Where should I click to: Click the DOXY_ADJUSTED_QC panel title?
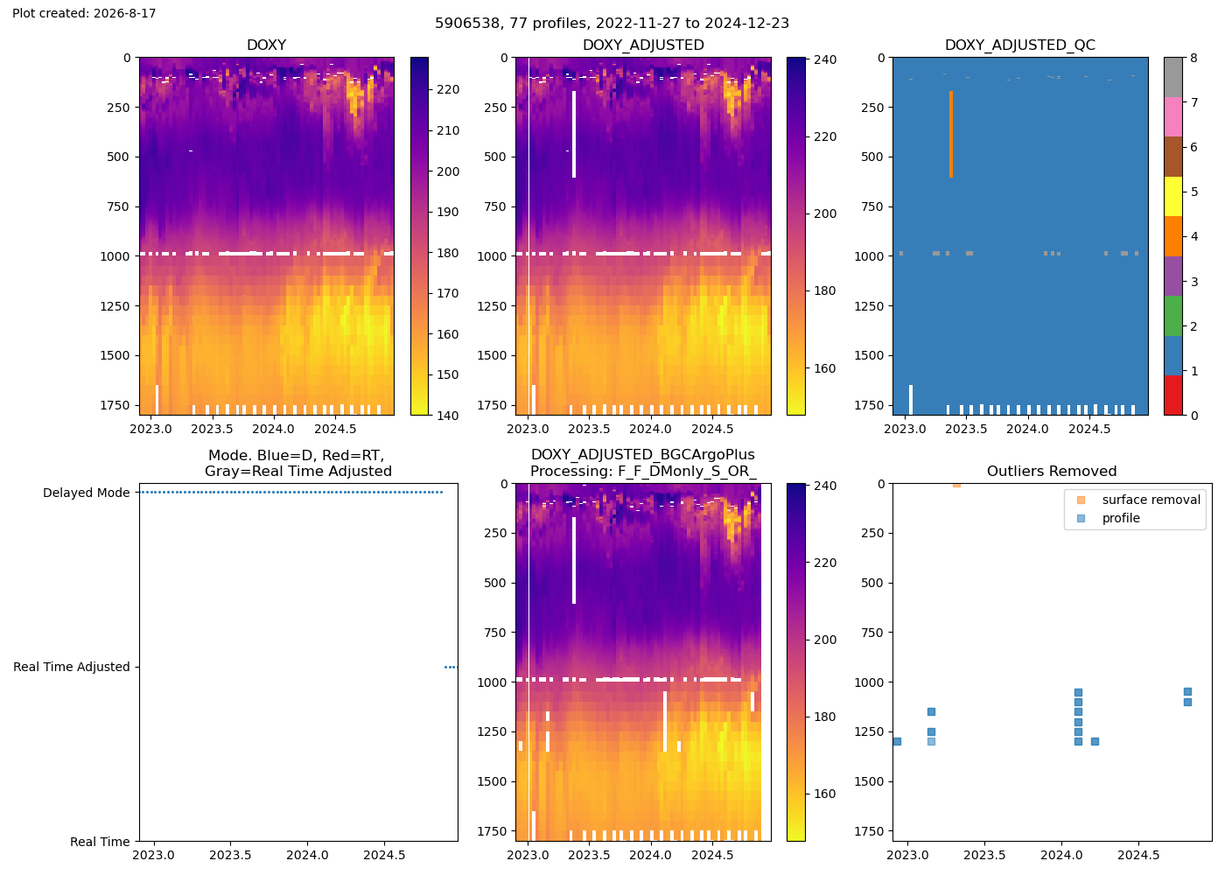[1020, 45]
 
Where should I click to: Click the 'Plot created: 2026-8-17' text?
[84, 13]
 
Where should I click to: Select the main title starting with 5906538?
[612, 23]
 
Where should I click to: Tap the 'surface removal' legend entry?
[1151, 500]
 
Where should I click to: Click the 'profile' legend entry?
[1121, 518]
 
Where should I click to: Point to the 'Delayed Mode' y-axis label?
[87, 493]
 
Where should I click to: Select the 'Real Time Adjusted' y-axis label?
[72, 667]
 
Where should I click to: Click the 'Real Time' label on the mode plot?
[100, 842]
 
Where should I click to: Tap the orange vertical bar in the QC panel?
[951, 134]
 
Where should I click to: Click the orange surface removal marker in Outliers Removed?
[956, 484]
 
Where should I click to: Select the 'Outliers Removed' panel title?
[1052, 472]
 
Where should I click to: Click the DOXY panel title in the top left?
[266, 45]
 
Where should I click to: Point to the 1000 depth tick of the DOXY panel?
[115, 255]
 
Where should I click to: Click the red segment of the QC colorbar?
[1173, 395]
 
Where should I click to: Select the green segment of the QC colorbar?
[1173, 316]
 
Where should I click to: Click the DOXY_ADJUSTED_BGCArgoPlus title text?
[643, 455]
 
